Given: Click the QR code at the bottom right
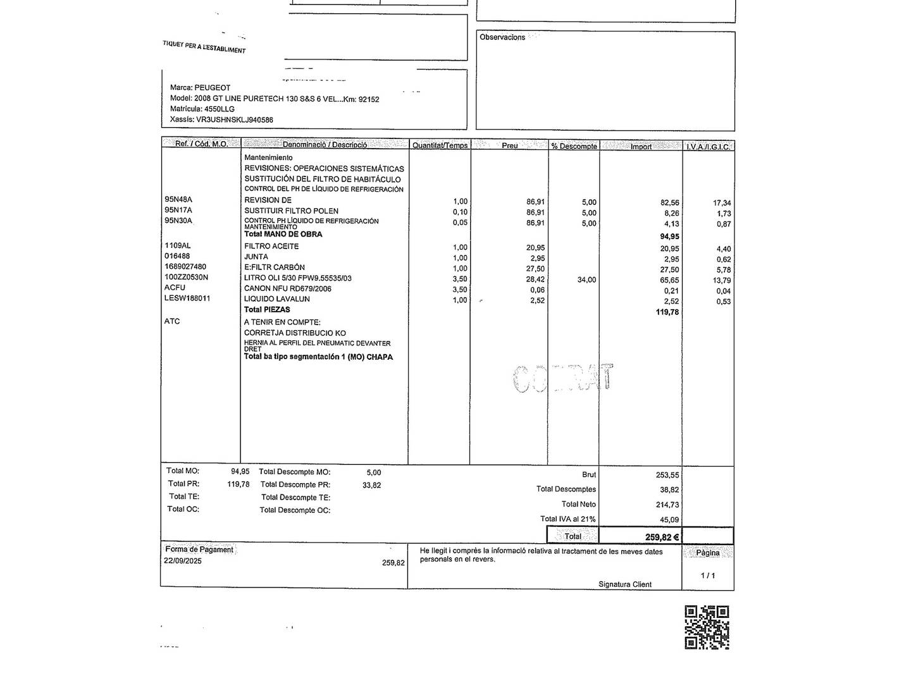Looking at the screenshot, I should click(x=707, y=627).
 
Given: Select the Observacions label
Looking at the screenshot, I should click(x=502, y=37).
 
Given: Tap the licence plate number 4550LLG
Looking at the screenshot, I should click(x=220, y=109).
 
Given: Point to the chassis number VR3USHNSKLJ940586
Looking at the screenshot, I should click(x=235, y=120).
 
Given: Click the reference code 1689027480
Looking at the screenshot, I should click(x=185, y=267).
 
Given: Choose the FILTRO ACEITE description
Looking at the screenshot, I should click(x=271, y=246).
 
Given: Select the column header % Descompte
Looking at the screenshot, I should click(x=574, y=146).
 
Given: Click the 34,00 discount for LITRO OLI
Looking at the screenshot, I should click(x=586, y=280).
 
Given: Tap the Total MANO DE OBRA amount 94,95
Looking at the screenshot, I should click(x=669, y=237).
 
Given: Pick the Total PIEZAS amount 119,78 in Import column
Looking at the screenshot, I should click(x=667, y=312).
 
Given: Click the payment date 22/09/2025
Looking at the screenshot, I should click(x=183, y=561).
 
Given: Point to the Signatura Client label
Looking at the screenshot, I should click(x=625, y=584).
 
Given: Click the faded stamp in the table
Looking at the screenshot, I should click(x=562, y=379).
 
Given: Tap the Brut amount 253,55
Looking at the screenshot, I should click(x=667, y=475).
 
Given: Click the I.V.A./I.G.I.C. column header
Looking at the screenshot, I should click(x=708, y=147).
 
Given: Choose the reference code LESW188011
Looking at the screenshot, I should click(x=187, y=298).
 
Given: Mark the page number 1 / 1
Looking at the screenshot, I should click(x=707, y=575).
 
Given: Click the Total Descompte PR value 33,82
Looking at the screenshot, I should click(x=371, y=485).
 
